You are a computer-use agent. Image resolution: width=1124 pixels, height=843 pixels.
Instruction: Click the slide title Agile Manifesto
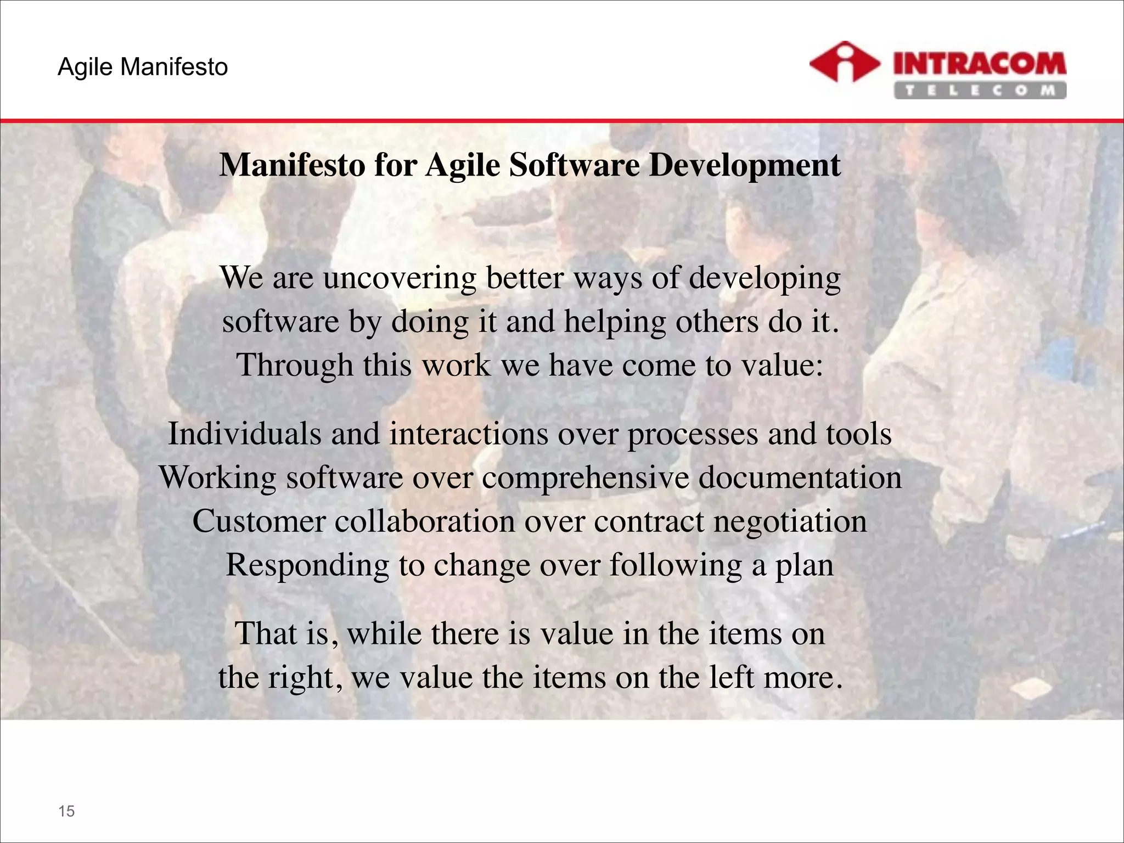143,67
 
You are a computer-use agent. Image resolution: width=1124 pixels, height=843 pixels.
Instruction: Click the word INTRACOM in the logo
980,65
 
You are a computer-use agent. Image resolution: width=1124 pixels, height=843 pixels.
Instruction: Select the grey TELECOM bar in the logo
980,90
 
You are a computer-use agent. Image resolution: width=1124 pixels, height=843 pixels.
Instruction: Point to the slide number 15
66,811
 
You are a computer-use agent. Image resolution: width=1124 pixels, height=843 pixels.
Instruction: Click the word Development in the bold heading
745,165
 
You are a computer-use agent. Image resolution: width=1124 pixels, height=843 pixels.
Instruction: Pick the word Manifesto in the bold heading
292,165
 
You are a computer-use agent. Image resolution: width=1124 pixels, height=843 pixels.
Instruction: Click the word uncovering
399,278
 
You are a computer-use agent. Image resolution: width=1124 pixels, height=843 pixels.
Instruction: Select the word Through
295,366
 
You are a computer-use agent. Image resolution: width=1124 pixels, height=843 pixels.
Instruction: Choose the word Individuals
244,434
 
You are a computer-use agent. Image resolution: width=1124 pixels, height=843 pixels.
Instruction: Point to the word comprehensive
586,477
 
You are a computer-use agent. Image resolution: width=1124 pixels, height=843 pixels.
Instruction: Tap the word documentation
800,477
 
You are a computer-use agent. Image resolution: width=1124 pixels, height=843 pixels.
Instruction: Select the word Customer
259,521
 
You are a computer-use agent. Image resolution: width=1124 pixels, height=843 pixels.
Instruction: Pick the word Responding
307,565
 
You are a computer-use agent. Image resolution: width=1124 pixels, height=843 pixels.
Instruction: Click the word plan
804,566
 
